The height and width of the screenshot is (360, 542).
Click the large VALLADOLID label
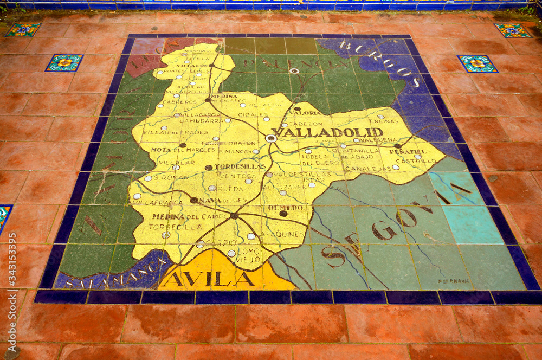point(327,132)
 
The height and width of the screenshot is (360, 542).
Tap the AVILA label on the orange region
point(209,279)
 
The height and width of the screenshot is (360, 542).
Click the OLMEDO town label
point(285,207)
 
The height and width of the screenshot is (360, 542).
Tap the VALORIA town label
point(306,113)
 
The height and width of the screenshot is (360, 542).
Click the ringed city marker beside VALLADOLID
point(271,138)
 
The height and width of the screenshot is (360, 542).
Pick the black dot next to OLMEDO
point(283,214)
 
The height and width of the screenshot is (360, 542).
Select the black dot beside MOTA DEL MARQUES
point(183,145)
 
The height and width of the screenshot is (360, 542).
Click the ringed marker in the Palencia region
point(294,71)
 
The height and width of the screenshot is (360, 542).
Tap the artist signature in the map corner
point(454,281)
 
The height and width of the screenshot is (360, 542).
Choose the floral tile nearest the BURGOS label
point(477,63)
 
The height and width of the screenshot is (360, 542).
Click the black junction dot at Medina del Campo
point(234,216)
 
